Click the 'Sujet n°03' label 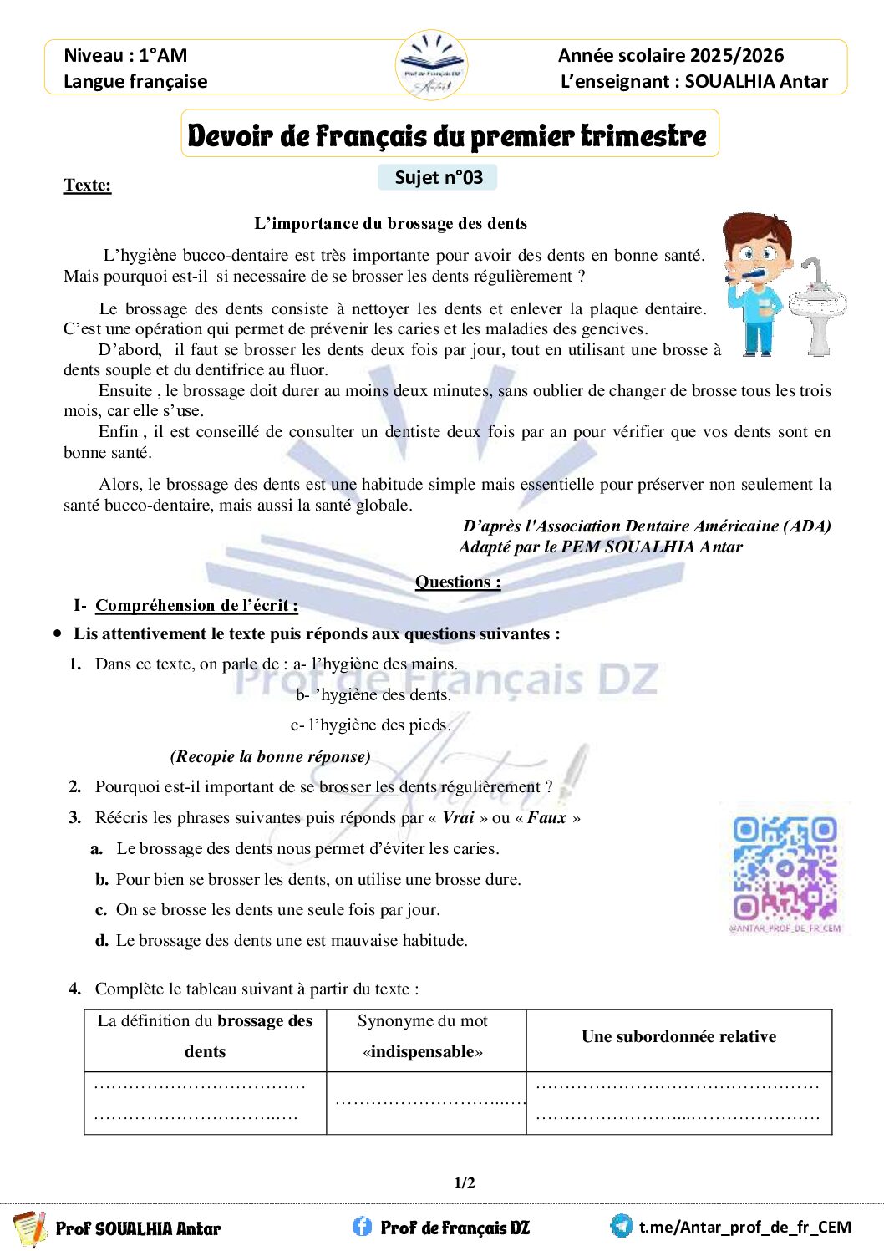click(438, 177)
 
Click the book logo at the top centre click(431, 64)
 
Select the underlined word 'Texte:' click(87, 185)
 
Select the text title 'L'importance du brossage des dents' click(390, 223)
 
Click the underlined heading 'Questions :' click(458, 582)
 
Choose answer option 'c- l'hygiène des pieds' click(370, 725)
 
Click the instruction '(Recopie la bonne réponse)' click(270, 756)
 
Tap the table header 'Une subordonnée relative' click(678, 1036)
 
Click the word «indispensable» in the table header click(423, 1051)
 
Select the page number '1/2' click(465, 1182)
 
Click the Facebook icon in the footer click(362, 1226)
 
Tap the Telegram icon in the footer click(621, 1226)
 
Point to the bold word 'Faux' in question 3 click(546, 817)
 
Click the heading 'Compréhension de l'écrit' click(196, 605)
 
